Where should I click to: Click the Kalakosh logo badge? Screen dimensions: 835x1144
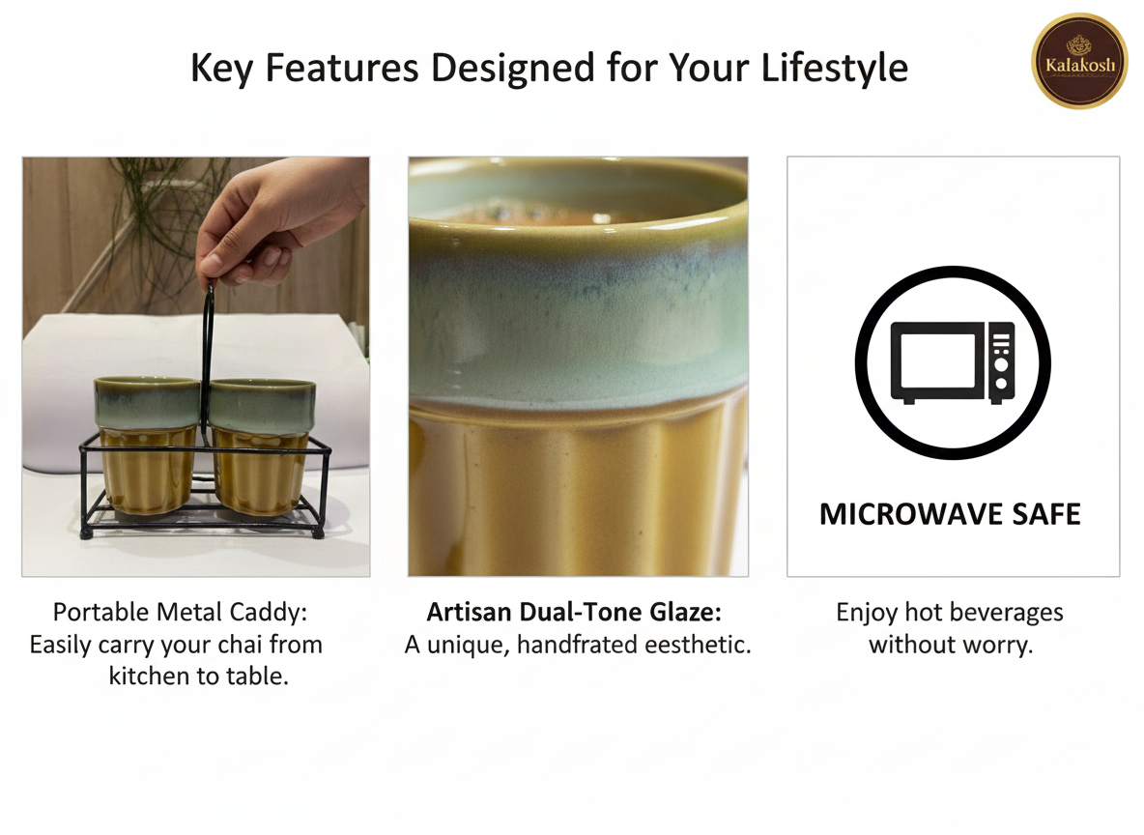pyautogui.click(x=1078, y=60)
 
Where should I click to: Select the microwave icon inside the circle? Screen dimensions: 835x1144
pyautogui.click(x=952, y=363)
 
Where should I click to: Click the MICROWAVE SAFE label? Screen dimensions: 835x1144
pyautogui.click(x=950, y=514)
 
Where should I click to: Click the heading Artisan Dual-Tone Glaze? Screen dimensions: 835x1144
pyautogui.click(x=574, y=613)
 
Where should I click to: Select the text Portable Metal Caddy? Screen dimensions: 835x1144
pyautogui.click(x=180, y=613)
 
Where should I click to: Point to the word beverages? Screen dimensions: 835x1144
pyautogui.click(x=1007, y=613)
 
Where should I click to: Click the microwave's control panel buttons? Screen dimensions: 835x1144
pyautogui.click(x=1001, y=362)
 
